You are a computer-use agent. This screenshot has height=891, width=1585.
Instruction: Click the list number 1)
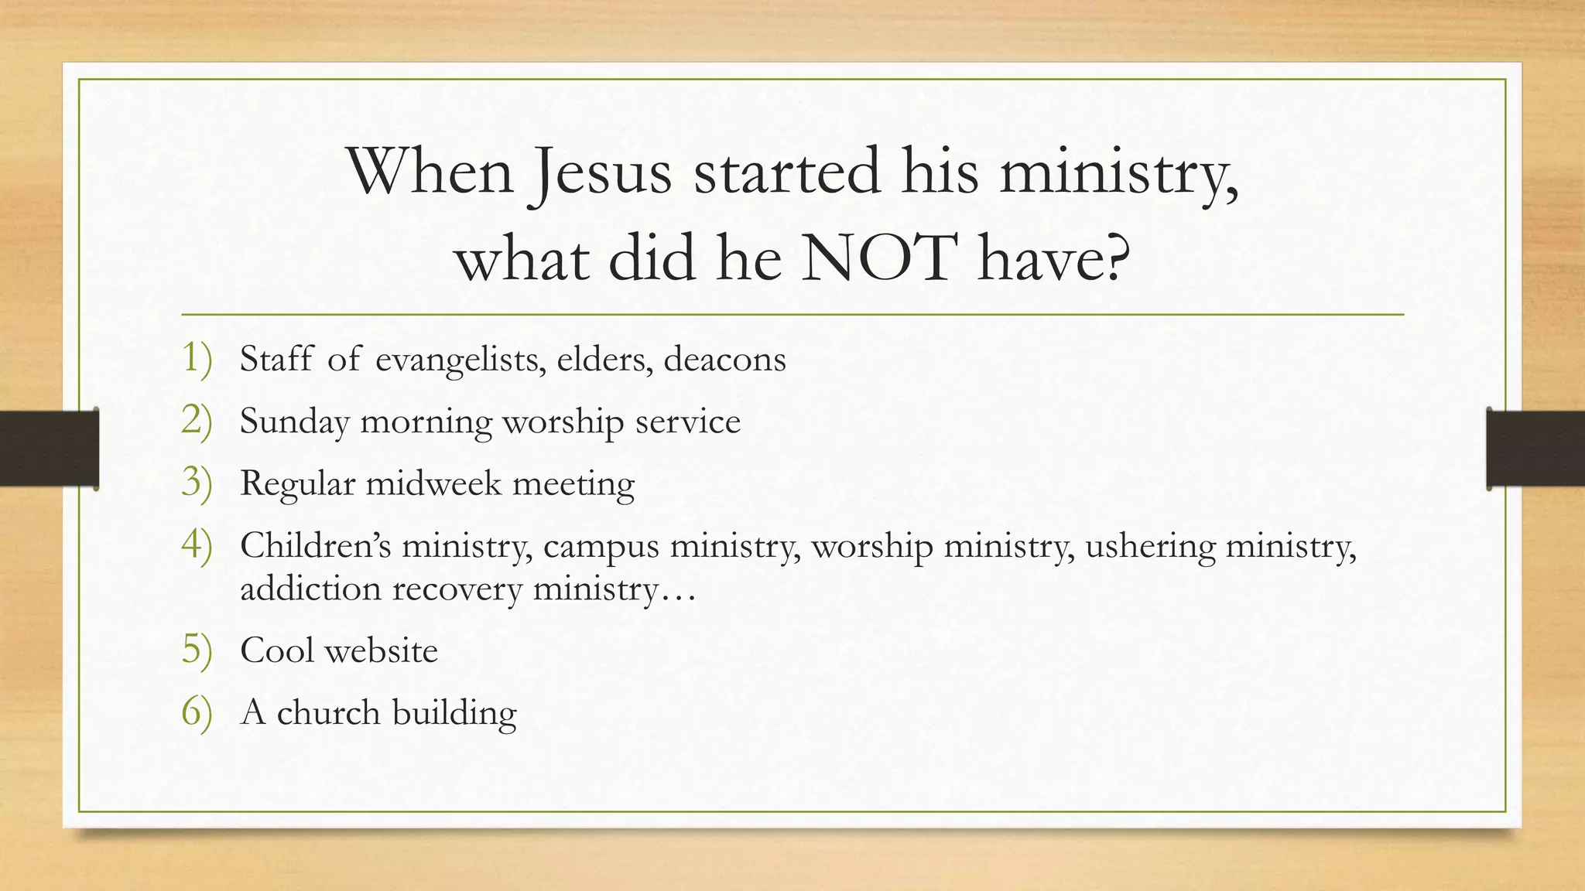[x=197, y=359]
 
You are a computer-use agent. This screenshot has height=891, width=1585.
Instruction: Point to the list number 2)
[x=197, y=421]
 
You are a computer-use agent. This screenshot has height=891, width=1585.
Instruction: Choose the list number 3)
[x=197, y=483]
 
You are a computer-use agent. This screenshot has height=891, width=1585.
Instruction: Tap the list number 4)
[x=197, y=545]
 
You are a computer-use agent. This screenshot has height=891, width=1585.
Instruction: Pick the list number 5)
[x=197, y=650]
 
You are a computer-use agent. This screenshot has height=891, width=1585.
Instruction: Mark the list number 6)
[x=197, y=712]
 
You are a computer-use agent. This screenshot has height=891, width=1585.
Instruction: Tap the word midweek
[x=433, y=484]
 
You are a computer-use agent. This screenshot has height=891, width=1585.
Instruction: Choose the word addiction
[x=311, y=589]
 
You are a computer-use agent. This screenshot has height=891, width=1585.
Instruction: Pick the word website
[x=381, y=650]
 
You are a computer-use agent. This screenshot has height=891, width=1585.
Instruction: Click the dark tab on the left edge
[x=49, y=449]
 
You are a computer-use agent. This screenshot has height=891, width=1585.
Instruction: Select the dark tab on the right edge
[x=1535, y=449]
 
